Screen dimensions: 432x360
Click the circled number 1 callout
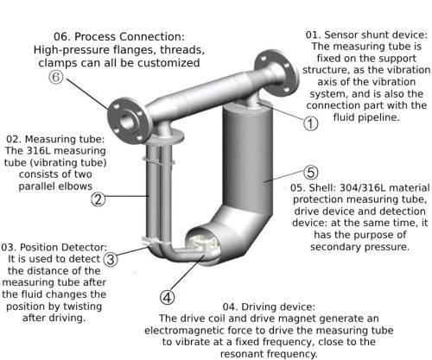click(x=310, y=123)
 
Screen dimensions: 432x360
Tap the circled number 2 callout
click(x=98, y=199)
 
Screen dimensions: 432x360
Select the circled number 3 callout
click(x=111, y=259)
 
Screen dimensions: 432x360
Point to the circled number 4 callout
click(x=168, y=297)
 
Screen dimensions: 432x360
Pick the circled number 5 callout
click(x=311, y=172)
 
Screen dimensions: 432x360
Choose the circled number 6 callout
click(x=56, y=78)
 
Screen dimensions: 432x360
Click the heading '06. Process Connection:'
click(x=119, y=37)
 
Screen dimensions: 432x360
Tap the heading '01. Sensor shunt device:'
click(x=366, y=35)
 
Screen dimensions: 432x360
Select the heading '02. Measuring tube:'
click(x=55, y=139)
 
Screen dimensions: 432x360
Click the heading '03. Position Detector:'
click(x=54, y=247)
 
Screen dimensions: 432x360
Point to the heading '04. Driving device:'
click(x=269, y=306)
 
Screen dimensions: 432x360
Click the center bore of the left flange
click(x=127, y=122)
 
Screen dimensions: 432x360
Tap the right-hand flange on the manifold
click(x=276, y=72)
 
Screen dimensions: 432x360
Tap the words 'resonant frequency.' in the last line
click(x=269, y=354)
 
